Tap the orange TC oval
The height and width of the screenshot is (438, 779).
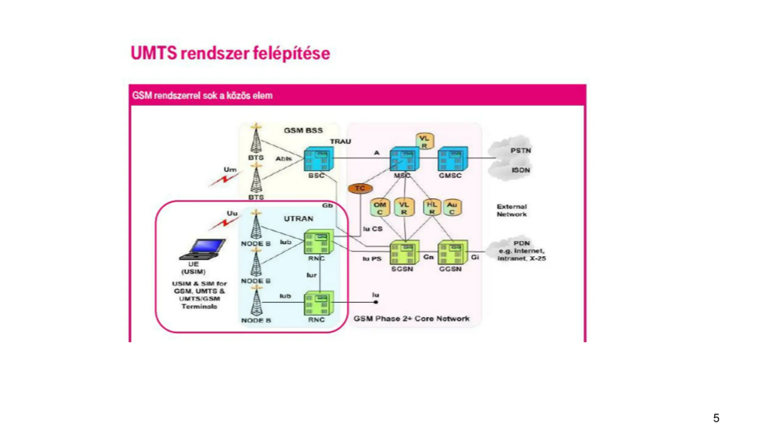click(x=360, y=189)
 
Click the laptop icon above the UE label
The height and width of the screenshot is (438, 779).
click(x=203, y=249)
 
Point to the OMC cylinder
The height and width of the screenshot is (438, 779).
click(x=380, y=208)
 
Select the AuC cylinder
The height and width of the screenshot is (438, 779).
click(x=452, y=208)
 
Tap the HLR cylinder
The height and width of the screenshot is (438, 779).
click(x=432, y=208)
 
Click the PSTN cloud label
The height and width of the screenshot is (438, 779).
click(x=521, y=151)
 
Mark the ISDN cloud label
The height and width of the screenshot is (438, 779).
click(x=521, y=170)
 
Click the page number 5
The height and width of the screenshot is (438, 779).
click(x=716, y=418)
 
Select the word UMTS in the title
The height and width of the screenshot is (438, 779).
click(x=154, y=53)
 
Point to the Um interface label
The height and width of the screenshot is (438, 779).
click(x=230, y=169)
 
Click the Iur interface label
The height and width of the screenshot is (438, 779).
click(x=311, y=275)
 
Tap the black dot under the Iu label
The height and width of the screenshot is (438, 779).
click(x=376, y=302)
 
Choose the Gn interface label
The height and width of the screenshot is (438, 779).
click(x=428, y=257)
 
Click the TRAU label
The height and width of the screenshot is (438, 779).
click(x=341, y=141)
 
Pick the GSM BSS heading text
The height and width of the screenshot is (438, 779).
click(x=303, y=130)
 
